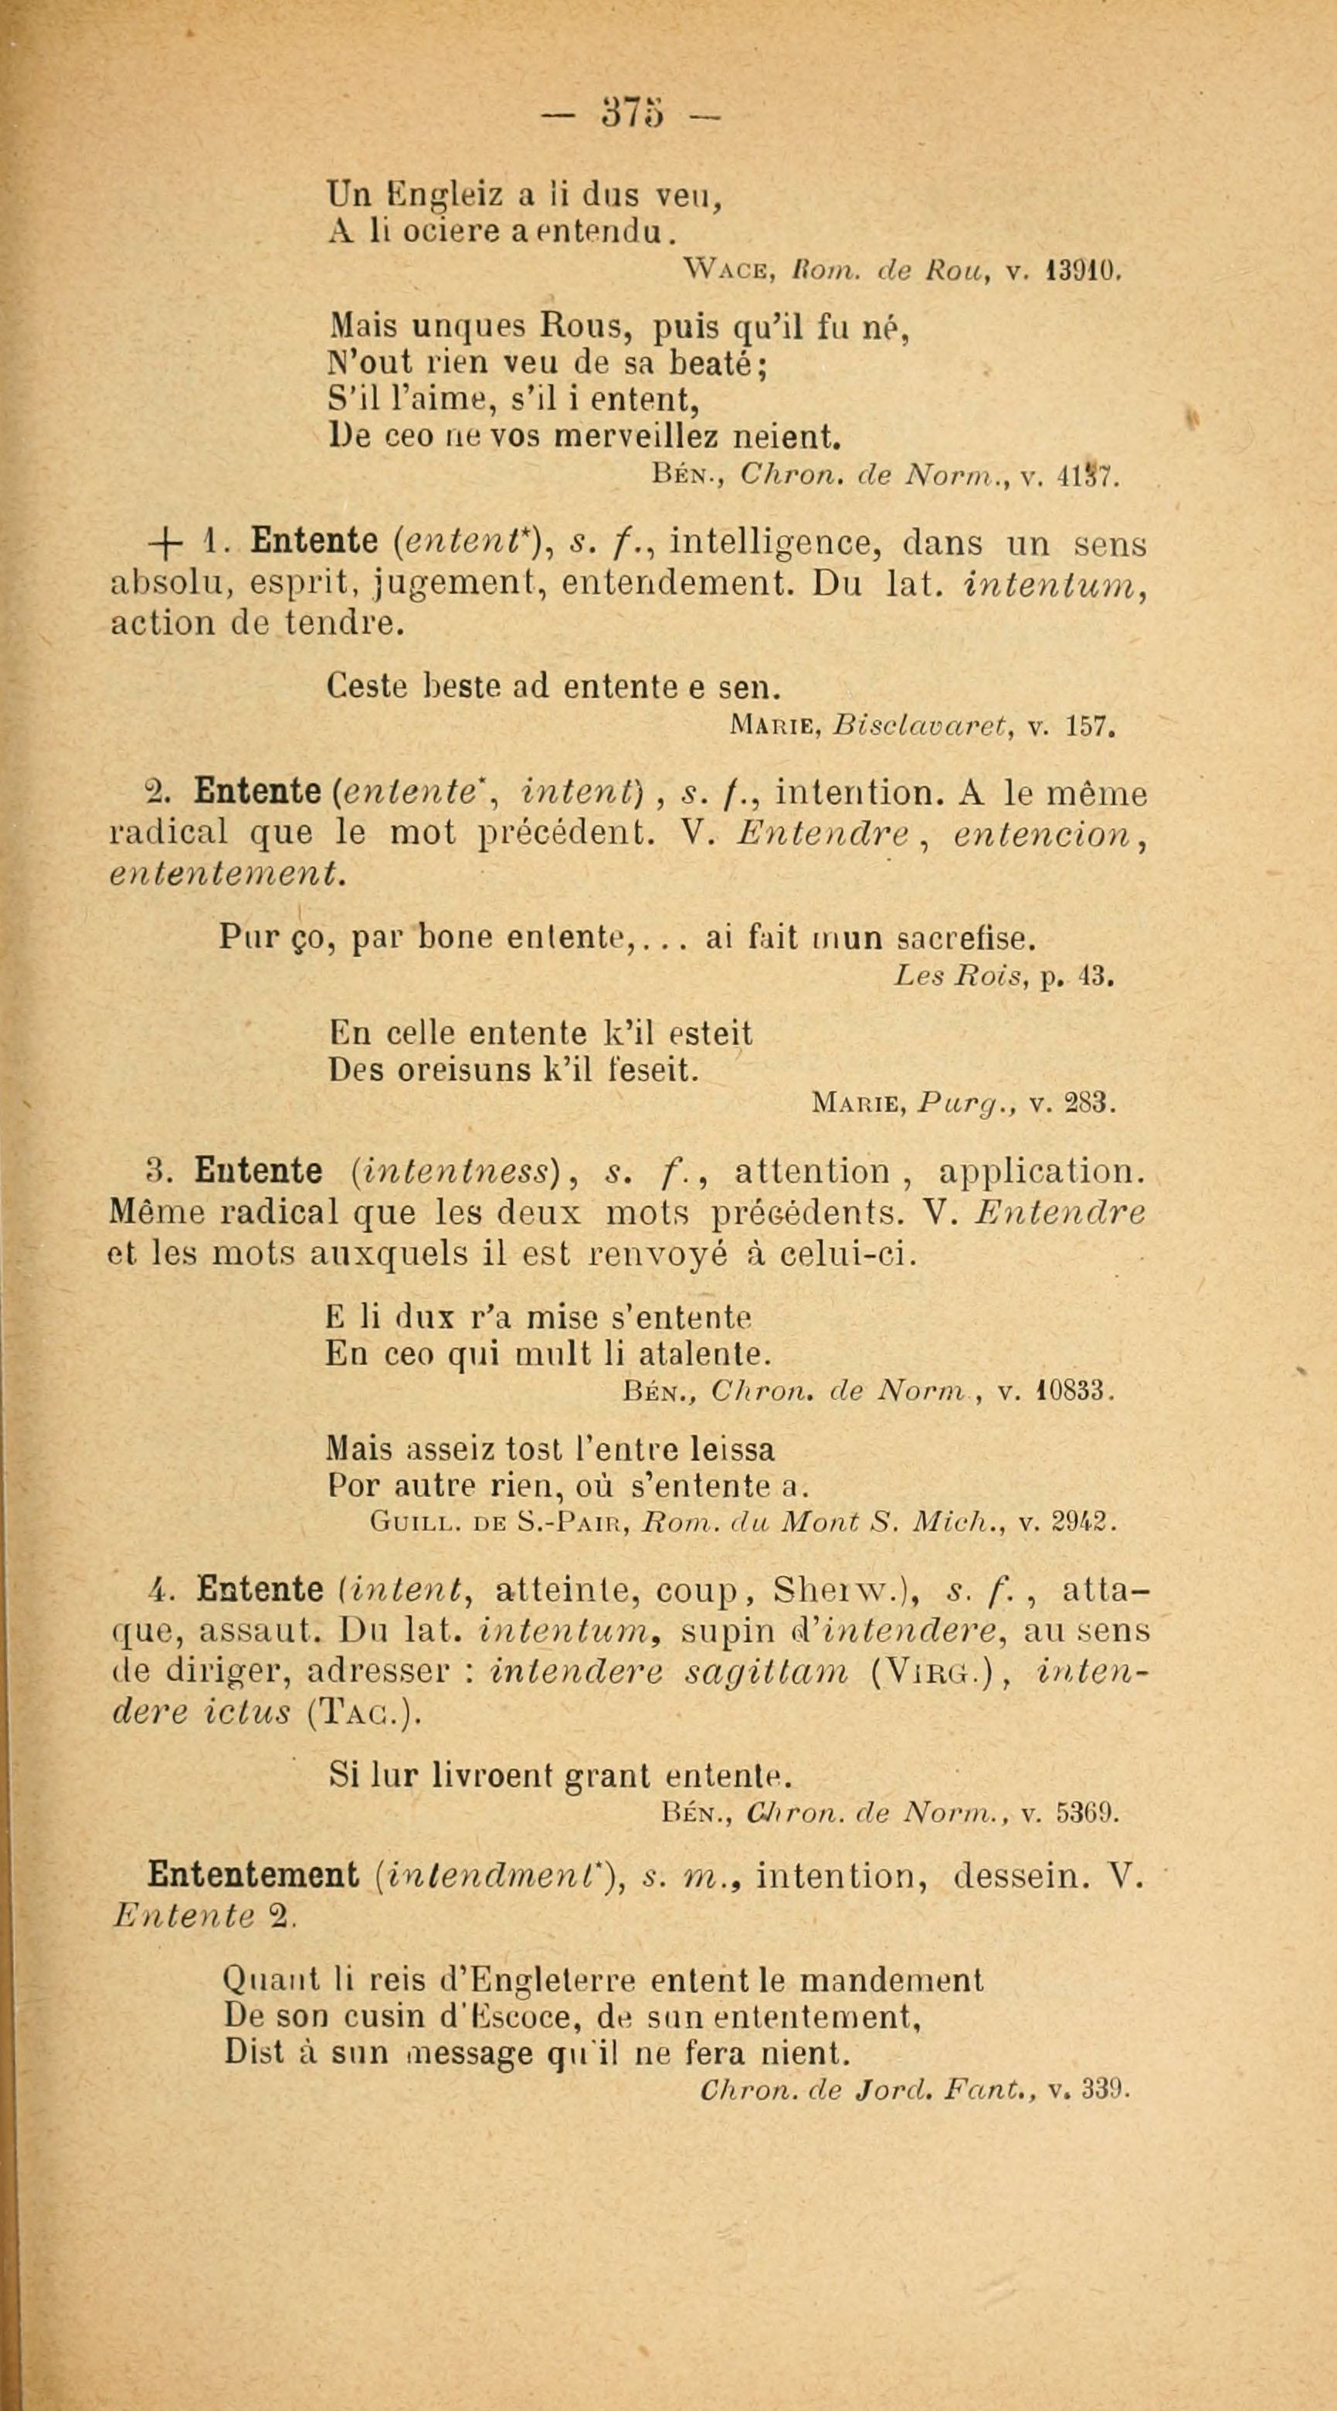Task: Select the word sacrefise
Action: [x=964, y=937]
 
